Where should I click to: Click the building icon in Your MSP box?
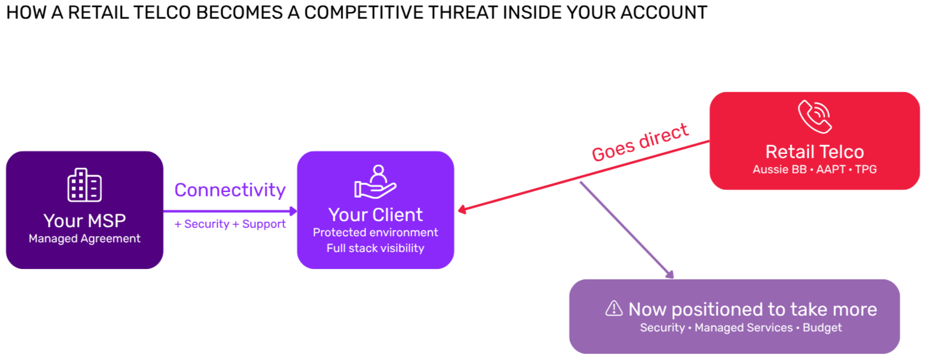(x=84, y=185)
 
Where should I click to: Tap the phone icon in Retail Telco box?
(x=814, y=117)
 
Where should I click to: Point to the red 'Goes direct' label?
(x=640, y=142)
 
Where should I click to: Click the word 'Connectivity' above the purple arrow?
(x=230, y=190)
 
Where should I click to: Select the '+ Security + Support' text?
(x=230, y=224)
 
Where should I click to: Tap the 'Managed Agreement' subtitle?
(x=84, y=238)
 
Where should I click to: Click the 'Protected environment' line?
(x=375, y=232)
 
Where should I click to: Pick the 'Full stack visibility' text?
(x=375, y=248)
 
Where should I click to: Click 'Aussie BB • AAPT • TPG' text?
(x=814, y=169)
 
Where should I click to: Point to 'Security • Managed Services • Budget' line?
(x=741, y=328)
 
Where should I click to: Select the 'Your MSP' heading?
(x=84, y=220)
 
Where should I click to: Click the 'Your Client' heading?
(x=375, y=215)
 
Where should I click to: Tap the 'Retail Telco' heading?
(x=814, y=152)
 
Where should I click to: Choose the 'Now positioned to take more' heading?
(x=752, y=309)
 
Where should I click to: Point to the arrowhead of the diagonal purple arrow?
(x=670, y=275)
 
